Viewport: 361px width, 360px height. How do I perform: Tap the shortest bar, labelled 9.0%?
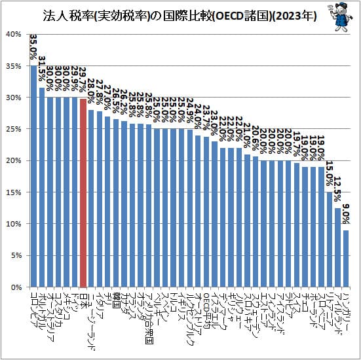pyautogui.click(x=345, y=259)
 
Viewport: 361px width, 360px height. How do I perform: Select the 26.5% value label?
pyautogui.click(x=116, y=101)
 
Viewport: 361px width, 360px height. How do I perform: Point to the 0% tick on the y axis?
pyautogui.click(x=16, y=287)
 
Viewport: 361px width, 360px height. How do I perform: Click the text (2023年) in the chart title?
pyautogui.click(x=292, y=16)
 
